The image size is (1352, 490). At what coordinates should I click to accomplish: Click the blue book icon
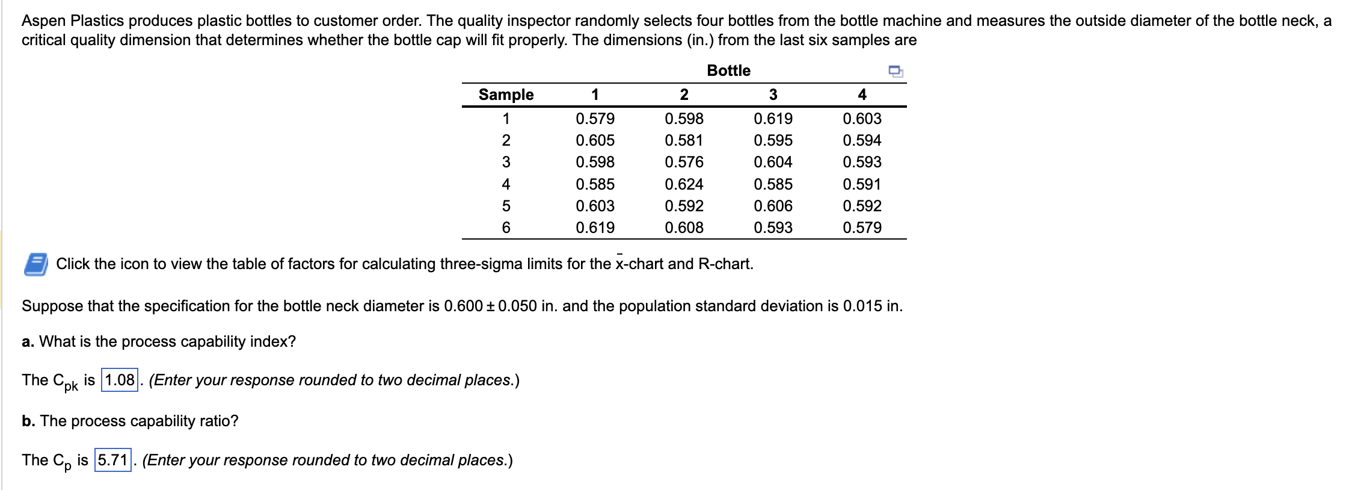[x=36, y=264]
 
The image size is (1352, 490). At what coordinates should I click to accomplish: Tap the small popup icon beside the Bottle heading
[x=896, y=72]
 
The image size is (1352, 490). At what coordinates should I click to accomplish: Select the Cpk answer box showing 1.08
[x=119, y=380]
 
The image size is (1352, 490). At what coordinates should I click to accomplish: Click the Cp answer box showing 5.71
[x=112, y=461]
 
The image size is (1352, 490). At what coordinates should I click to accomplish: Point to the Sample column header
[x=506, y=95]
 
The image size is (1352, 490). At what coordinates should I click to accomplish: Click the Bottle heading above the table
[x=728, y=70]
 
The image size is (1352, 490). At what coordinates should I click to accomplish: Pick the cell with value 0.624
[x=684, y=184]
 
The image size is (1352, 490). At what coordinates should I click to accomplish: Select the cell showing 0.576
[x=684, y=162]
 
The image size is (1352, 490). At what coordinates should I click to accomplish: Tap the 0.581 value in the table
[x=684, y=140]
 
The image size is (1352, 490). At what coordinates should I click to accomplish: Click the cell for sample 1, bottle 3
[x=773, y=119]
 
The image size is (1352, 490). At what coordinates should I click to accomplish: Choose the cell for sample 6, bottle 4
[x=862, y=228]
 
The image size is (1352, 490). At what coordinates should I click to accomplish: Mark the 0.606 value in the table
[x=773, y=206]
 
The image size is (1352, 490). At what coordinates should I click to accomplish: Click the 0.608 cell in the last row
[x=684, y=228]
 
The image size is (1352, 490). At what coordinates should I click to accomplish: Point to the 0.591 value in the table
[x=862, y=184]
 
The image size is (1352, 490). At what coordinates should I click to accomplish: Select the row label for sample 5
[x=506, y=206]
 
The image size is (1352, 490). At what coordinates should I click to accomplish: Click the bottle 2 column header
[x=684, y=95]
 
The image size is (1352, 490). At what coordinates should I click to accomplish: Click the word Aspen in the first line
[x=43, y=20]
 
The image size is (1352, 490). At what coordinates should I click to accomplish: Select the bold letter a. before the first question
[x=28, y=342]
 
